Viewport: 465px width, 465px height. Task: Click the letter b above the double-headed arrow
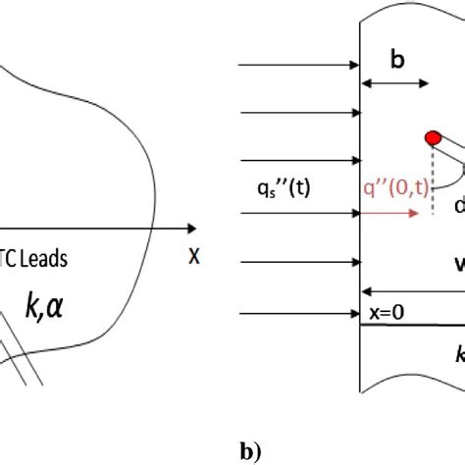[x=396, y=60]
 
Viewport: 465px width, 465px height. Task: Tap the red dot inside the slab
[x=432, y=138]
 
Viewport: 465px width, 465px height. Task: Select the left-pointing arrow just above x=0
[x=412, y=290]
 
